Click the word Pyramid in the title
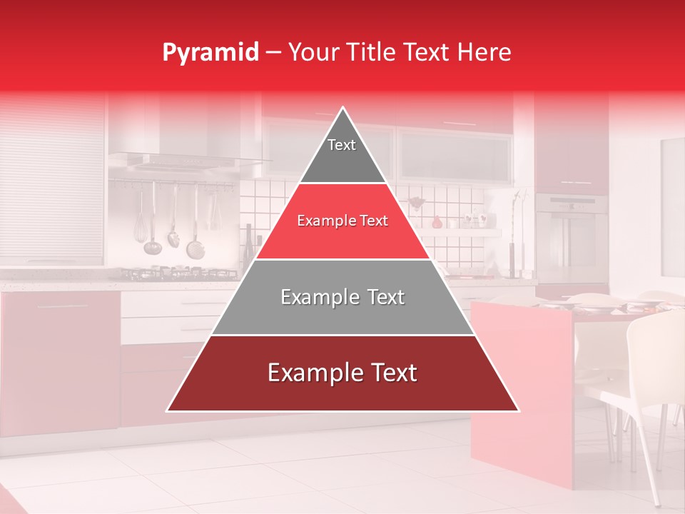click(210, 53)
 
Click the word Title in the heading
click(370, 53)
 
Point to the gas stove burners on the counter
click(178, 273)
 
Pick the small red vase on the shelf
click(437, 222)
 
